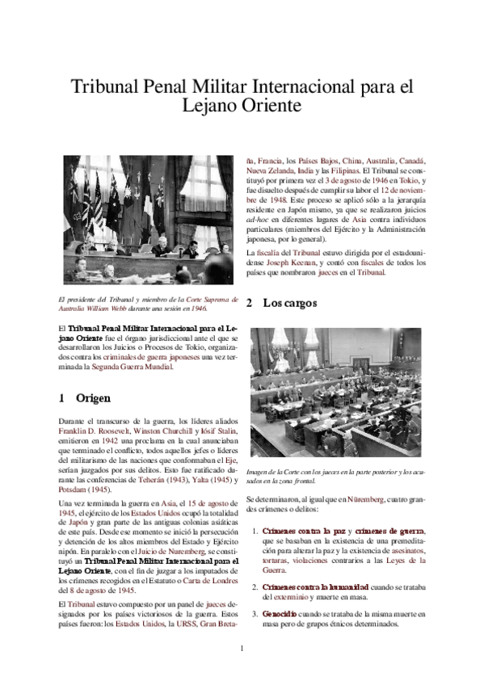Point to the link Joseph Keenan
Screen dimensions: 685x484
[x=288, y=262]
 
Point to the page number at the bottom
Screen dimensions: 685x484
[x=242, y=648]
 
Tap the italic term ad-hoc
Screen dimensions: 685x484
[x=256, y=217]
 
